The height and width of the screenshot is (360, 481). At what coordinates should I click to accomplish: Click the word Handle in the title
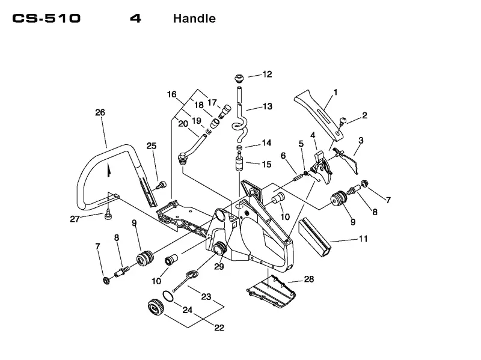click(x=194, y=19)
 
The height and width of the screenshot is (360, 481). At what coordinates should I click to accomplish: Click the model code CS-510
click(x=46, y=19)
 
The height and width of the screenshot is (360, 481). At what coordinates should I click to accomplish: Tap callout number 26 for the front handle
click(x=100, y=112)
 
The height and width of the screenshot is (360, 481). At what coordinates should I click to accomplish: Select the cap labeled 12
click(x=239, y=78)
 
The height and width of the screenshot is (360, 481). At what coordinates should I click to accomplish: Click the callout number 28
click(x=309, y=279)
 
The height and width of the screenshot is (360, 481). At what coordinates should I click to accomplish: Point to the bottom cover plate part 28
click(x=272, y=292)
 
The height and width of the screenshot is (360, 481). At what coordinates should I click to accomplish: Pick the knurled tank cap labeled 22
click(x=156, y=307)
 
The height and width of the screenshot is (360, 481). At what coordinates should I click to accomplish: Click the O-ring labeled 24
click(x=168, y=296)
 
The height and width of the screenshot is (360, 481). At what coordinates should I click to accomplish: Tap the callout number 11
click(x=363, y=239)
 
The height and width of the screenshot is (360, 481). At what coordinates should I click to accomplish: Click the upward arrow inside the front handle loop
click(x=108, y=170)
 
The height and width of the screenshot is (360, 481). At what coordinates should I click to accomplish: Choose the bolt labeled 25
click(x=161, y=185)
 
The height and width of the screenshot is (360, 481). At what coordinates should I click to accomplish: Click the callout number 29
click(x=219, y=266)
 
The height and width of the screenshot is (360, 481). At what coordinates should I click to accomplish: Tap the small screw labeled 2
click(x=342, y=121)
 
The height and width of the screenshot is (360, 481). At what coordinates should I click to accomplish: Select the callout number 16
click(x=172, y=94)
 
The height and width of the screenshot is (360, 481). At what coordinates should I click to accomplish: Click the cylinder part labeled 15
click(x=239, y=163)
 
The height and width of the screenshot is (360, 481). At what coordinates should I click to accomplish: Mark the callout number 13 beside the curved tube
click(x=268, y=106)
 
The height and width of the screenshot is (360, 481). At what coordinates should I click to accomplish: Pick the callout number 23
click(x=206, y=296)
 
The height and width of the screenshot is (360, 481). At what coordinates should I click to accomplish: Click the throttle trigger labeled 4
click(x=322, y=167)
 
